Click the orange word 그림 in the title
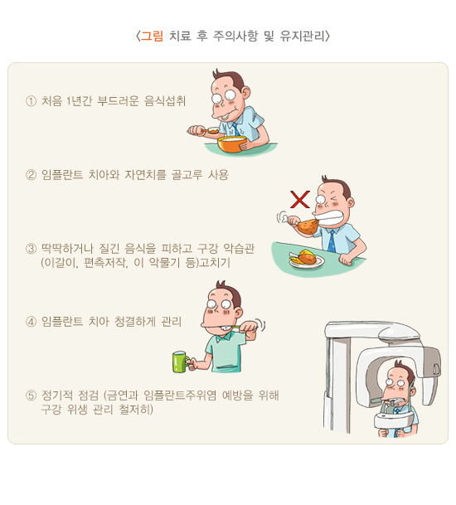pos(153,36)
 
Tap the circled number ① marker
pos(31,101)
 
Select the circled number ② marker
pos(31,175)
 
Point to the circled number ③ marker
pos(31,249)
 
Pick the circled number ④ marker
pos(31,322)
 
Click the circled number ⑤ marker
pos(31,396)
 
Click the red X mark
pos(300,200)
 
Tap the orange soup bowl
pos(232,144)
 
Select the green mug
pos(182,362)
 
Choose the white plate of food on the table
pos(307,260)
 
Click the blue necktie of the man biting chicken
pos(332,241)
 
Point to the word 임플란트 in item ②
pos(62,175)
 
